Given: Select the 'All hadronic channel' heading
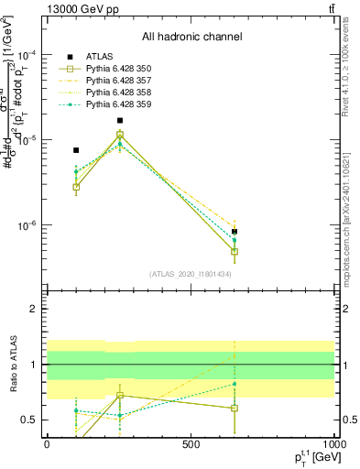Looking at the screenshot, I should pyautogui.click(x=192, y=38).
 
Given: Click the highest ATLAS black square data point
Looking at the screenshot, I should pyautogui.click(x=120, y=120).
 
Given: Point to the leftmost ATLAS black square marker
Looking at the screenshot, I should pyautogui.click(x=76, y=150).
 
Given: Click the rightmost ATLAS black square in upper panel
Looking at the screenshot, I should pyautogui.click(x=235, y=232).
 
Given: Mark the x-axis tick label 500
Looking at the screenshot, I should pyautogui.click(x=191, y=444).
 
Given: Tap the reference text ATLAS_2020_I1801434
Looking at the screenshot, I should pyautogui.click(x=192, y=274).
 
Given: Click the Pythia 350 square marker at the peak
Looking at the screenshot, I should pyautogui.click(x=120, y=135).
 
